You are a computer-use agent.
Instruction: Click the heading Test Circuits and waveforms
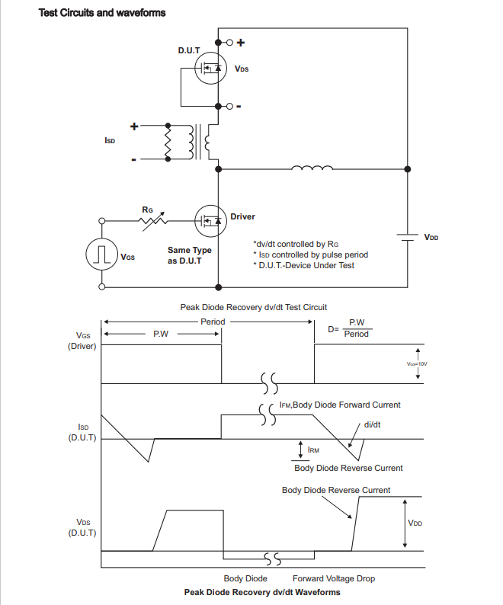(101, 13)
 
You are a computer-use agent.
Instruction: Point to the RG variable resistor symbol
(153, 220)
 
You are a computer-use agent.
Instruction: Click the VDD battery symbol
(408, 236)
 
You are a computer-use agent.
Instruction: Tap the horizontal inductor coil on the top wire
(312, 168)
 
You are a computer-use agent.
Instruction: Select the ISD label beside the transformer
(110, 142)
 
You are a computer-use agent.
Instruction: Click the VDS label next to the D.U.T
(242, 69)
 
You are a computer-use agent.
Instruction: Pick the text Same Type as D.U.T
(189, 255)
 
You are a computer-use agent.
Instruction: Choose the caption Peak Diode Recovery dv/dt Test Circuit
(254, 307)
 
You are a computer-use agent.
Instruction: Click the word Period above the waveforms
(213, 322)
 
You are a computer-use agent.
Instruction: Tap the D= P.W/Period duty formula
(349, 328)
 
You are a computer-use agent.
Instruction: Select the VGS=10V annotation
(418, 364)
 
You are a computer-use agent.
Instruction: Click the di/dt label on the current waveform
(373, 424)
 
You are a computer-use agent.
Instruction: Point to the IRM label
(313, 450)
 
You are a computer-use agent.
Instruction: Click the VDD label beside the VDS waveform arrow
(415, 523)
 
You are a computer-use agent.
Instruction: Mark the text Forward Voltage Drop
(334, 578)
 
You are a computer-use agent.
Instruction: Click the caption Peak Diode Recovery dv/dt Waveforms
(262, 592)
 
